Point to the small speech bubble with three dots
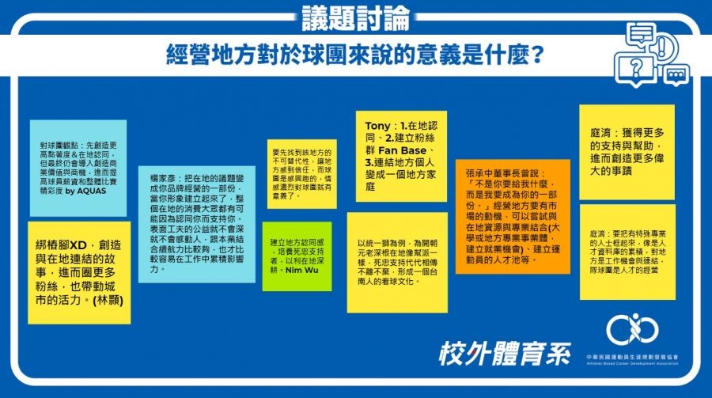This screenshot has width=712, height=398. click(x=675, y=76)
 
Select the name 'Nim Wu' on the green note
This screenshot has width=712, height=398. click(x=299, y=270)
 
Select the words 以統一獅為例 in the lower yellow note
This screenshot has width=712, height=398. click(x=381, y=242)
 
